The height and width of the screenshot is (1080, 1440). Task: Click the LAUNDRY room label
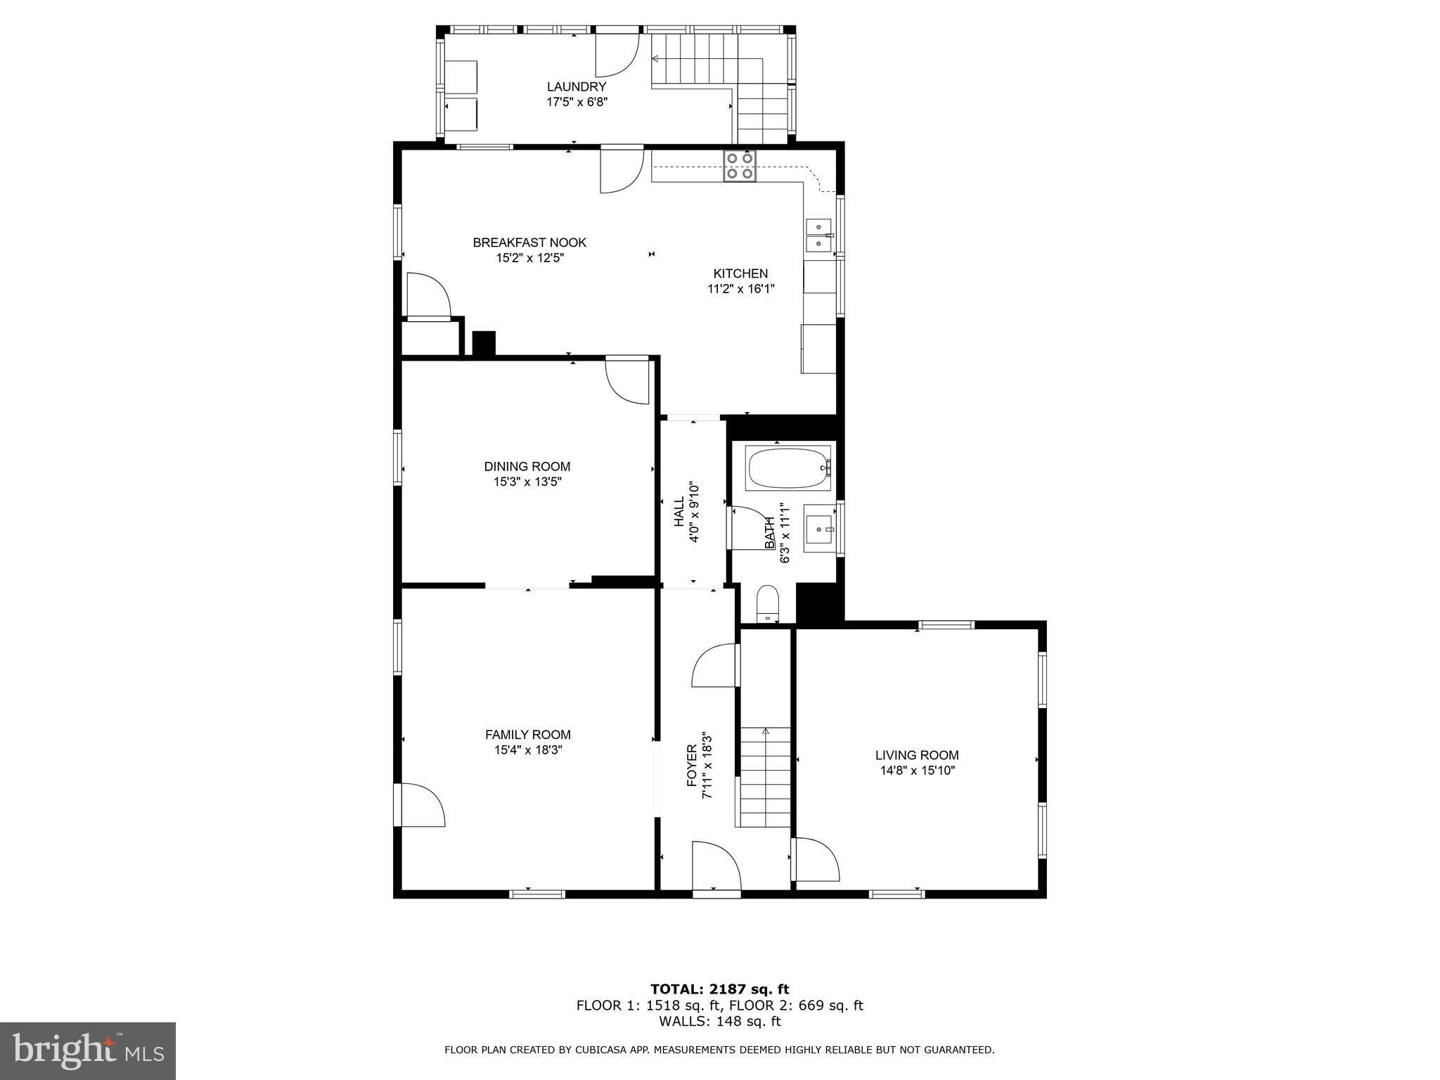click(x=577, y=86)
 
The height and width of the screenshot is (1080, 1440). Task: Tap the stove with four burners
click(x=740, y=166)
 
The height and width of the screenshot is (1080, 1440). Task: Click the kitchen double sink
click(x=818, y=235)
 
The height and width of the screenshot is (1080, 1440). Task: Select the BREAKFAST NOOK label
click(x=529, y=243)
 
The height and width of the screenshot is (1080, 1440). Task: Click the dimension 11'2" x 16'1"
click(x=740, y=288)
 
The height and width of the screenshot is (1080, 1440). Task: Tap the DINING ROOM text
click(x=527, y=466)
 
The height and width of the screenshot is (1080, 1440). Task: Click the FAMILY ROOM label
click(x=527, y=735)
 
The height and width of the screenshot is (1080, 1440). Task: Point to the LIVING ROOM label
click(x=917, y=755)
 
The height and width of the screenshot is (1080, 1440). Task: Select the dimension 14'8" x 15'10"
click(x=917, y=771)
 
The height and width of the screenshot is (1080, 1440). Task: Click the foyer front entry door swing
click(x=716, y=866)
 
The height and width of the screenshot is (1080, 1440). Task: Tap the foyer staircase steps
click(x=765, y=777)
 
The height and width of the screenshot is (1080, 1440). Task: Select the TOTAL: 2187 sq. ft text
click(x=719, y=989)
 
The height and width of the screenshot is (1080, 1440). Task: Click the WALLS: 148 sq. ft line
click(x=719, y=1021)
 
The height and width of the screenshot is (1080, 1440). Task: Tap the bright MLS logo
click(x=87, y=1050)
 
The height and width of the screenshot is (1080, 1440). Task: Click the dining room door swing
click(x=627, y=380)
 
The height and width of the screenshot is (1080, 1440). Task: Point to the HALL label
click(x=679, y=511)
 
